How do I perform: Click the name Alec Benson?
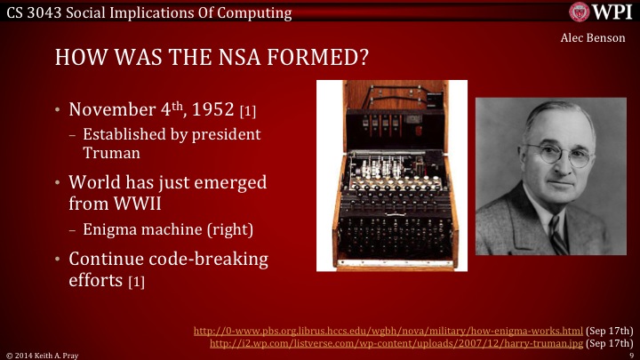[597, 38]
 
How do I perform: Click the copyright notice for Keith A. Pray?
[40, 354]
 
